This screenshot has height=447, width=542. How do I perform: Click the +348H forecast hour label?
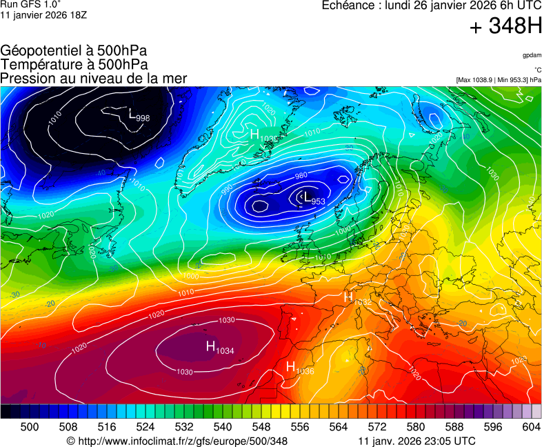click(x=505, y=27)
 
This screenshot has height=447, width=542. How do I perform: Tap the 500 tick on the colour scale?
click(x=30, y=427)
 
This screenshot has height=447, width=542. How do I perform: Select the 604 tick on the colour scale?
click(x=531, y=427)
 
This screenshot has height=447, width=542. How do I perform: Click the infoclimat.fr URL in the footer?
click(x=177, y=441)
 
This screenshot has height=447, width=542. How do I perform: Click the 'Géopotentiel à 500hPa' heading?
click(x=74, y=51)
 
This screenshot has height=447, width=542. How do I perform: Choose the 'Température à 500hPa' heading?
click(x=74, y=64)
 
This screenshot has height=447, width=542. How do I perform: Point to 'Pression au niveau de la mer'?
click(x=94, y=78)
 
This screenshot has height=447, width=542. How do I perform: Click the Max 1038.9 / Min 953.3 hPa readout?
click(x=499, y=80)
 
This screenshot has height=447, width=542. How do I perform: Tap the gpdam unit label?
click(x=532, y=54)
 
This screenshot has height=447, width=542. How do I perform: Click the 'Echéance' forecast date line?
click(x=432, y=6)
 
